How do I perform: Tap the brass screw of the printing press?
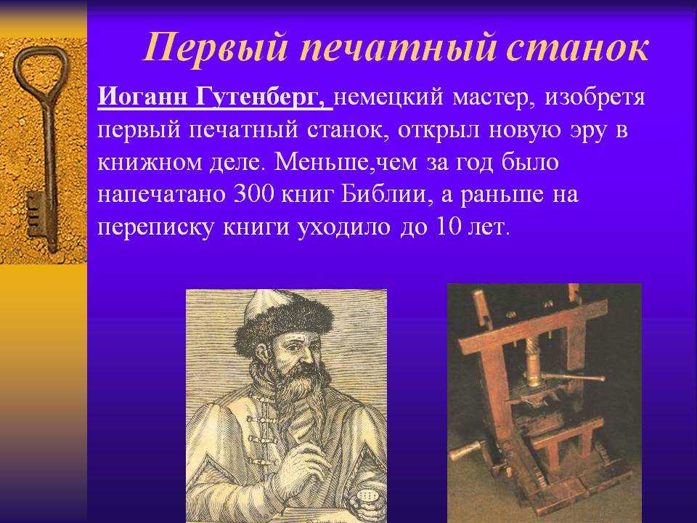point(532,361)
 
